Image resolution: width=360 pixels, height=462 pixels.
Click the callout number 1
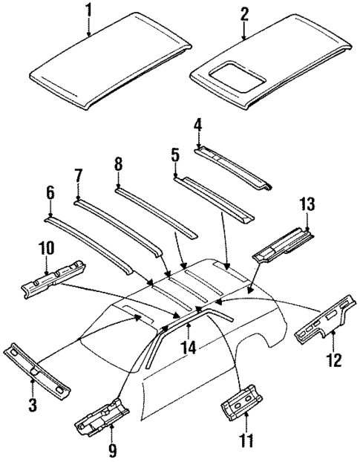88,10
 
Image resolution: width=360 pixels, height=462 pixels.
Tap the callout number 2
245,13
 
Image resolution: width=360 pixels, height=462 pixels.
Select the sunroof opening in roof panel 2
235,73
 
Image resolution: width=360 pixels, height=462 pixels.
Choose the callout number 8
117,163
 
